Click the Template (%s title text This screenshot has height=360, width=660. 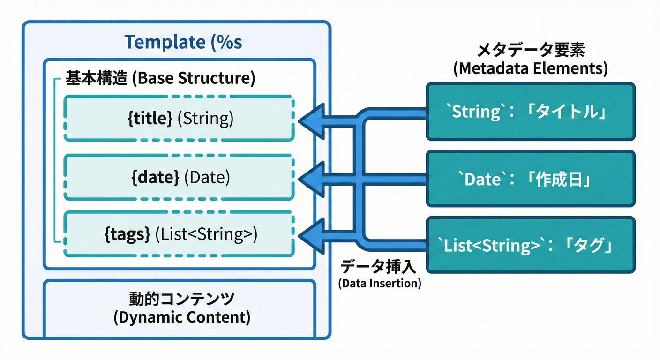pyautogui.click(x=183, y=42)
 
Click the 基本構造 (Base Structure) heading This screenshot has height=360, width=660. pyautogui.click(x=160, y=78)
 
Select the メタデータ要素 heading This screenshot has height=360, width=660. pyautogui.click(x=531, y=50)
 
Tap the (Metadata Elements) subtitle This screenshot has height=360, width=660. pyautogui.click(x=531, y=69)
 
